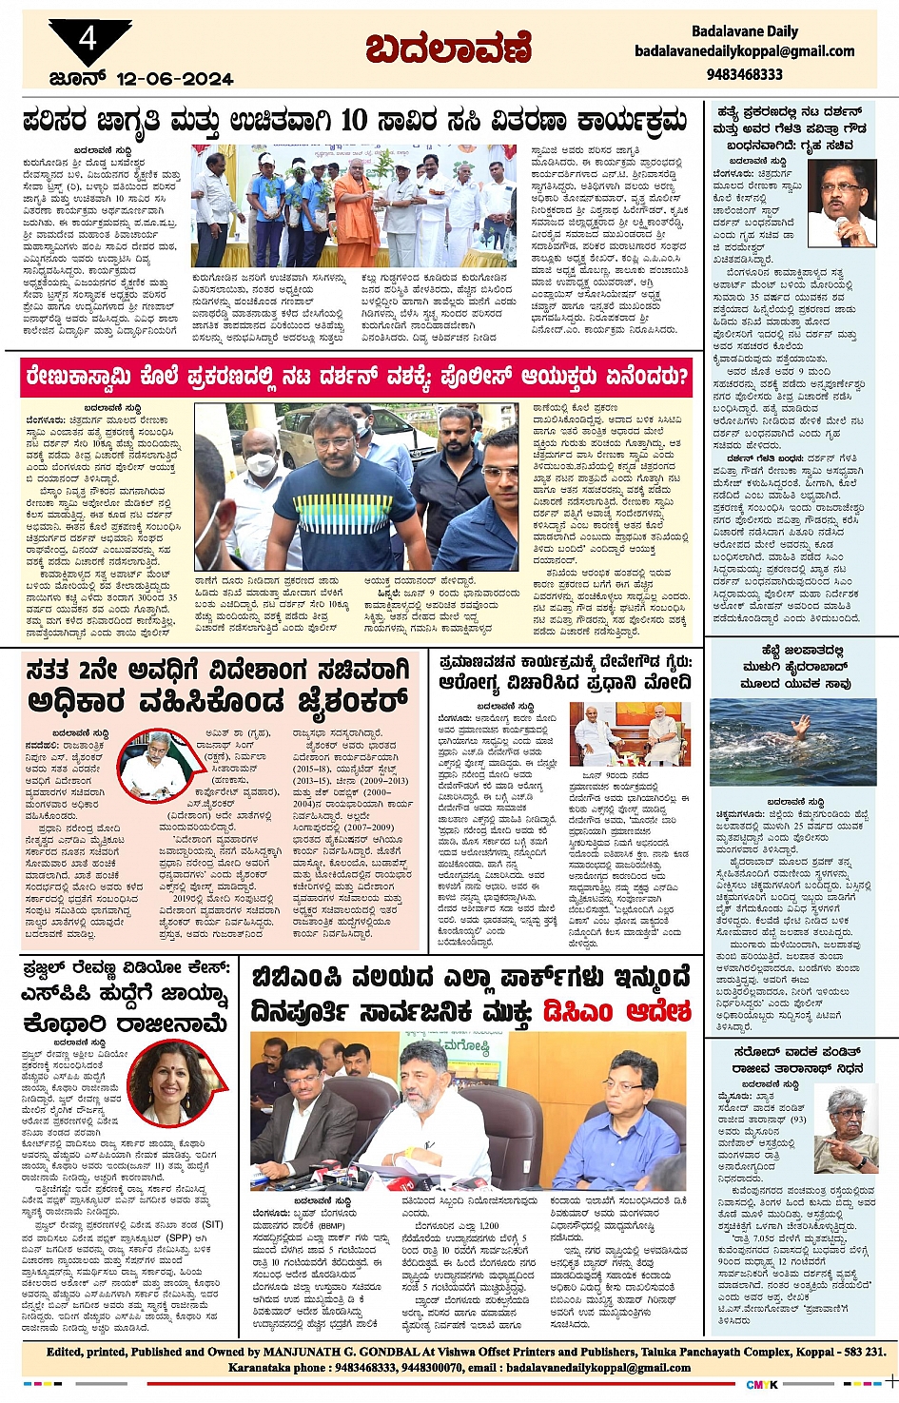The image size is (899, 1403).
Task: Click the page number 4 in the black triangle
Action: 88,39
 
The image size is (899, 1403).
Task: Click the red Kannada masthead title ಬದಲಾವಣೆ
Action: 448,49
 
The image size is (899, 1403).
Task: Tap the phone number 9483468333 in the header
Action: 744,74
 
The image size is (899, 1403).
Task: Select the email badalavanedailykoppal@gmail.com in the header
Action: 744,51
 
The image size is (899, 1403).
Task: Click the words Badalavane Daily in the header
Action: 744,30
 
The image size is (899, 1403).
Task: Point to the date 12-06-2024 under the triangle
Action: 174,79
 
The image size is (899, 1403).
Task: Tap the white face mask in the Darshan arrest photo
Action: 260,464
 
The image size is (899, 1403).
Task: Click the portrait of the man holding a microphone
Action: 841,203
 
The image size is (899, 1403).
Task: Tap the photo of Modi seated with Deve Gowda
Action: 630,733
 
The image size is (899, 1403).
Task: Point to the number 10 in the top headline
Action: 353,121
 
